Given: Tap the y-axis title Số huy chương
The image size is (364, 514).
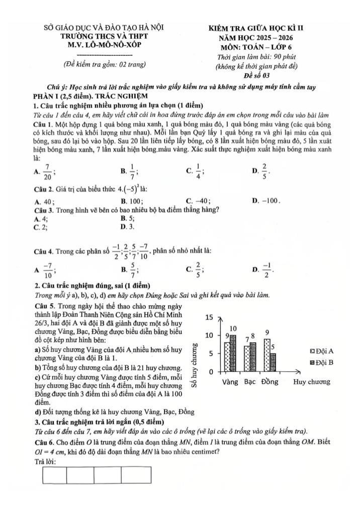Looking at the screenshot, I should pos(197,366).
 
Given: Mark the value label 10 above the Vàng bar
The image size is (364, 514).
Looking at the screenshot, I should pos(233,328).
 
